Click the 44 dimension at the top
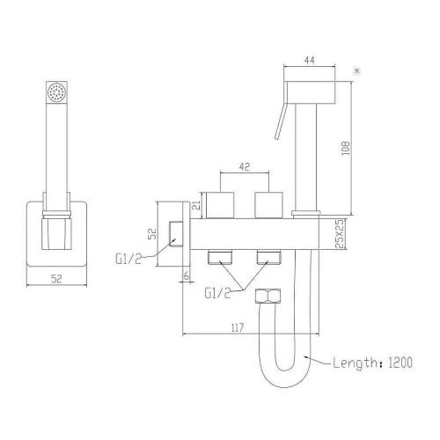(x=310, y=61)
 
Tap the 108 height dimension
(x=346, y=148)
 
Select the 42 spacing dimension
(x=245, y=167)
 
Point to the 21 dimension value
(x=197, y=205)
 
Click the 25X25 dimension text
(x=339, y=234)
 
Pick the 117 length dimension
(x=237, y=327)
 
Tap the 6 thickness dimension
(x=187, y=275)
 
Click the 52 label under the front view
(x=56, y=279)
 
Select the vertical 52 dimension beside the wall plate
(x=152, y=234)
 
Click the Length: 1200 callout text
(x=372, y=363)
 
